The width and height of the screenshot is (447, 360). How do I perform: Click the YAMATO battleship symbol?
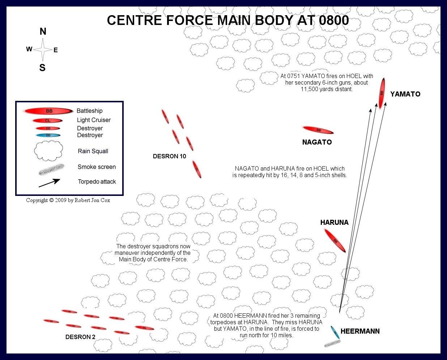[382, 93]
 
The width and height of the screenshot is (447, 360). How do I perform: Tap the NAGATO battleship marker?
[318, 130]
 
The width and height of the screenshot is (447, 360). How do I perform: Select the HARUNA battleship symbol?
[335, 241]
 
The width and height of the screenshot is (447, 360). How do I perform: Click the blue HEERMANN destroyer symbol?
[335, 333]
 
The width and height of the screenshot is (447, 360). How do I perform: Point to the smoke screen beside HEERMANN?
[332, 343]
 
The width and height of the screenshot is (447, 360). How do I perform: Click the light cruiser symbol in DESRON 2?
[145, 328]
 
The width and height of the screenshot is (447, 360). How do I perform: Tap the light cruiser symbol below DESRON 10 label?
[197, 170]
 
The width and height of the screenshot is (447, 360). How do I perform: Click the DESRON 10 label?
[169, 156]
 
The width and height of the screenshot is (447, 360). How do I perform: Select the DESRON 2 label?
[80, 337]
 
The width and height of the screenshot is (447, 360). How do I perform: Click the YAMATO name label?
[405, 94]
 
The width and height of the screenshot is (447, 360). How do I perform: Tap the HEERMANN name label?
[360, 331]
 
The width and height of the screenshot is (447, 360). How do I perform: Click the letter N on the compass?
[43, 31]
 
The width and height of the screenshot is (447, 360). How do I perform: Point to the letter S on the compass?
[42, 68]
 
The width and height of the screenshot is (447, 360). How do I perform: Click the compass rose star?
[43, 50]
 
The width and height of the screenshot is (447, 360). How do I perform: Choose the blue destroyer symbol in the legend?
[48, 136]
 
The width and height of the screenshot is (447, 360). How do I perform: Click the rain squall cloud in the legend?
[48, 151]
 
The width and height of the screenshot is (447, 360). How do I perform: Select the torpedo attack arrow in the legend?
[50, 183]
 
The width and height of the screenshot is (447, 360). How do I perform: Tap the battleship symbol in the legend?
[48, 111]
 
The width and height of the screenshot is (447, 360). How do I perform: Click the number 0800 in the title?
[334, 20]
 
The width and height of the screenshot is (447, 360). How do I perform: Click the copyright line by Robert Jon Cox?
[68, 200]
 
